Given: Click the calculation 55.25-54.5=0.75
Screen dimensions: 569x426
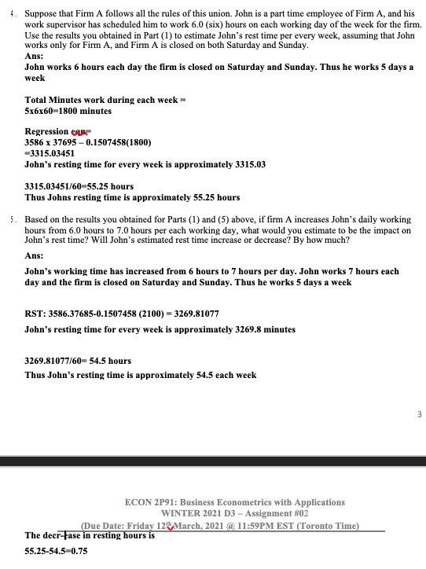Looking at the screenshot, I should tap(57, 552).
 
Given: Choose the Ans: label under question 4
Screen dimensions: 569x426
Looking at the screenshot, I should tap(35, 57).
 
